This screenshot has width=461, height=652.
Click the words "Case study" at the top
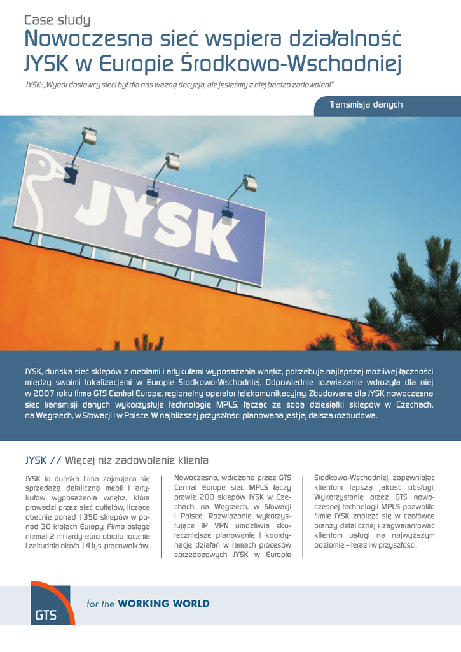(x=57, y=20)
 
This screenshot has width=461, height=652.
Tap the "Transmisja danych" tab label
(x=366, y=104)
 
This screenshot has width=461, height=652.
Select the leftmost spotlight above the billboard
(x=90, y=136)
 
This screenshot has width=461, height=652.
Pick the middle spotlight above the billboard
(x=172, y=159)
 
